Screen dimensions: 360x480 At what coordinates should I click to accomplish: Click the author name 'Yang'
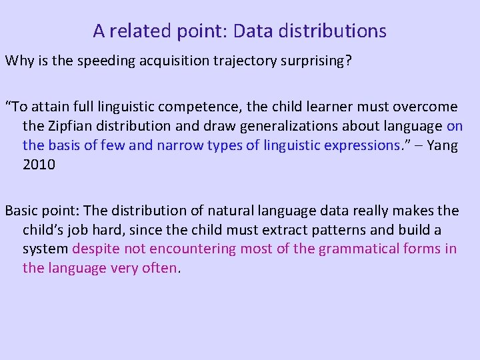tap(442, 145)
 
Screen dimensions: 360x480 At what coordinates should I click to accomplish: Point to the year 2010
tap(39, 165)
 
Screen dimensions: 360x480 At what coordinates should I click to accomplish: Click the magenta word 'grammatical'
tap(359, 249)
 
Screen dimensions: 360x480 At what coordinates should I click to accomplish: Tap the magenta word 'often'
tap(160, 269)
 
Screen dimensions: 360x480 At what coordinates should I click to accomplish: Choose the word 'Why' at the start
tap(19, 61)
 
